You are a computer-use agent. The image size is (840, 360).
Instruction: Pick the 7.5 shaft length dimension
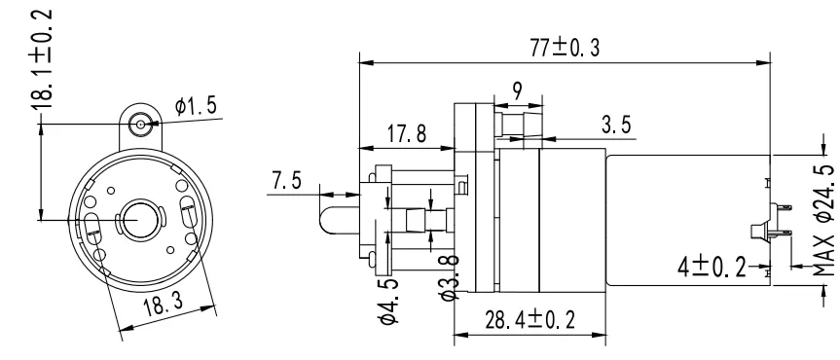tap(288, 182)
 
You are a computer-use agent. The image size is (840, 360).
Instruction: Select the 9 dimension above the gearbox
tap(516, 89)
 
